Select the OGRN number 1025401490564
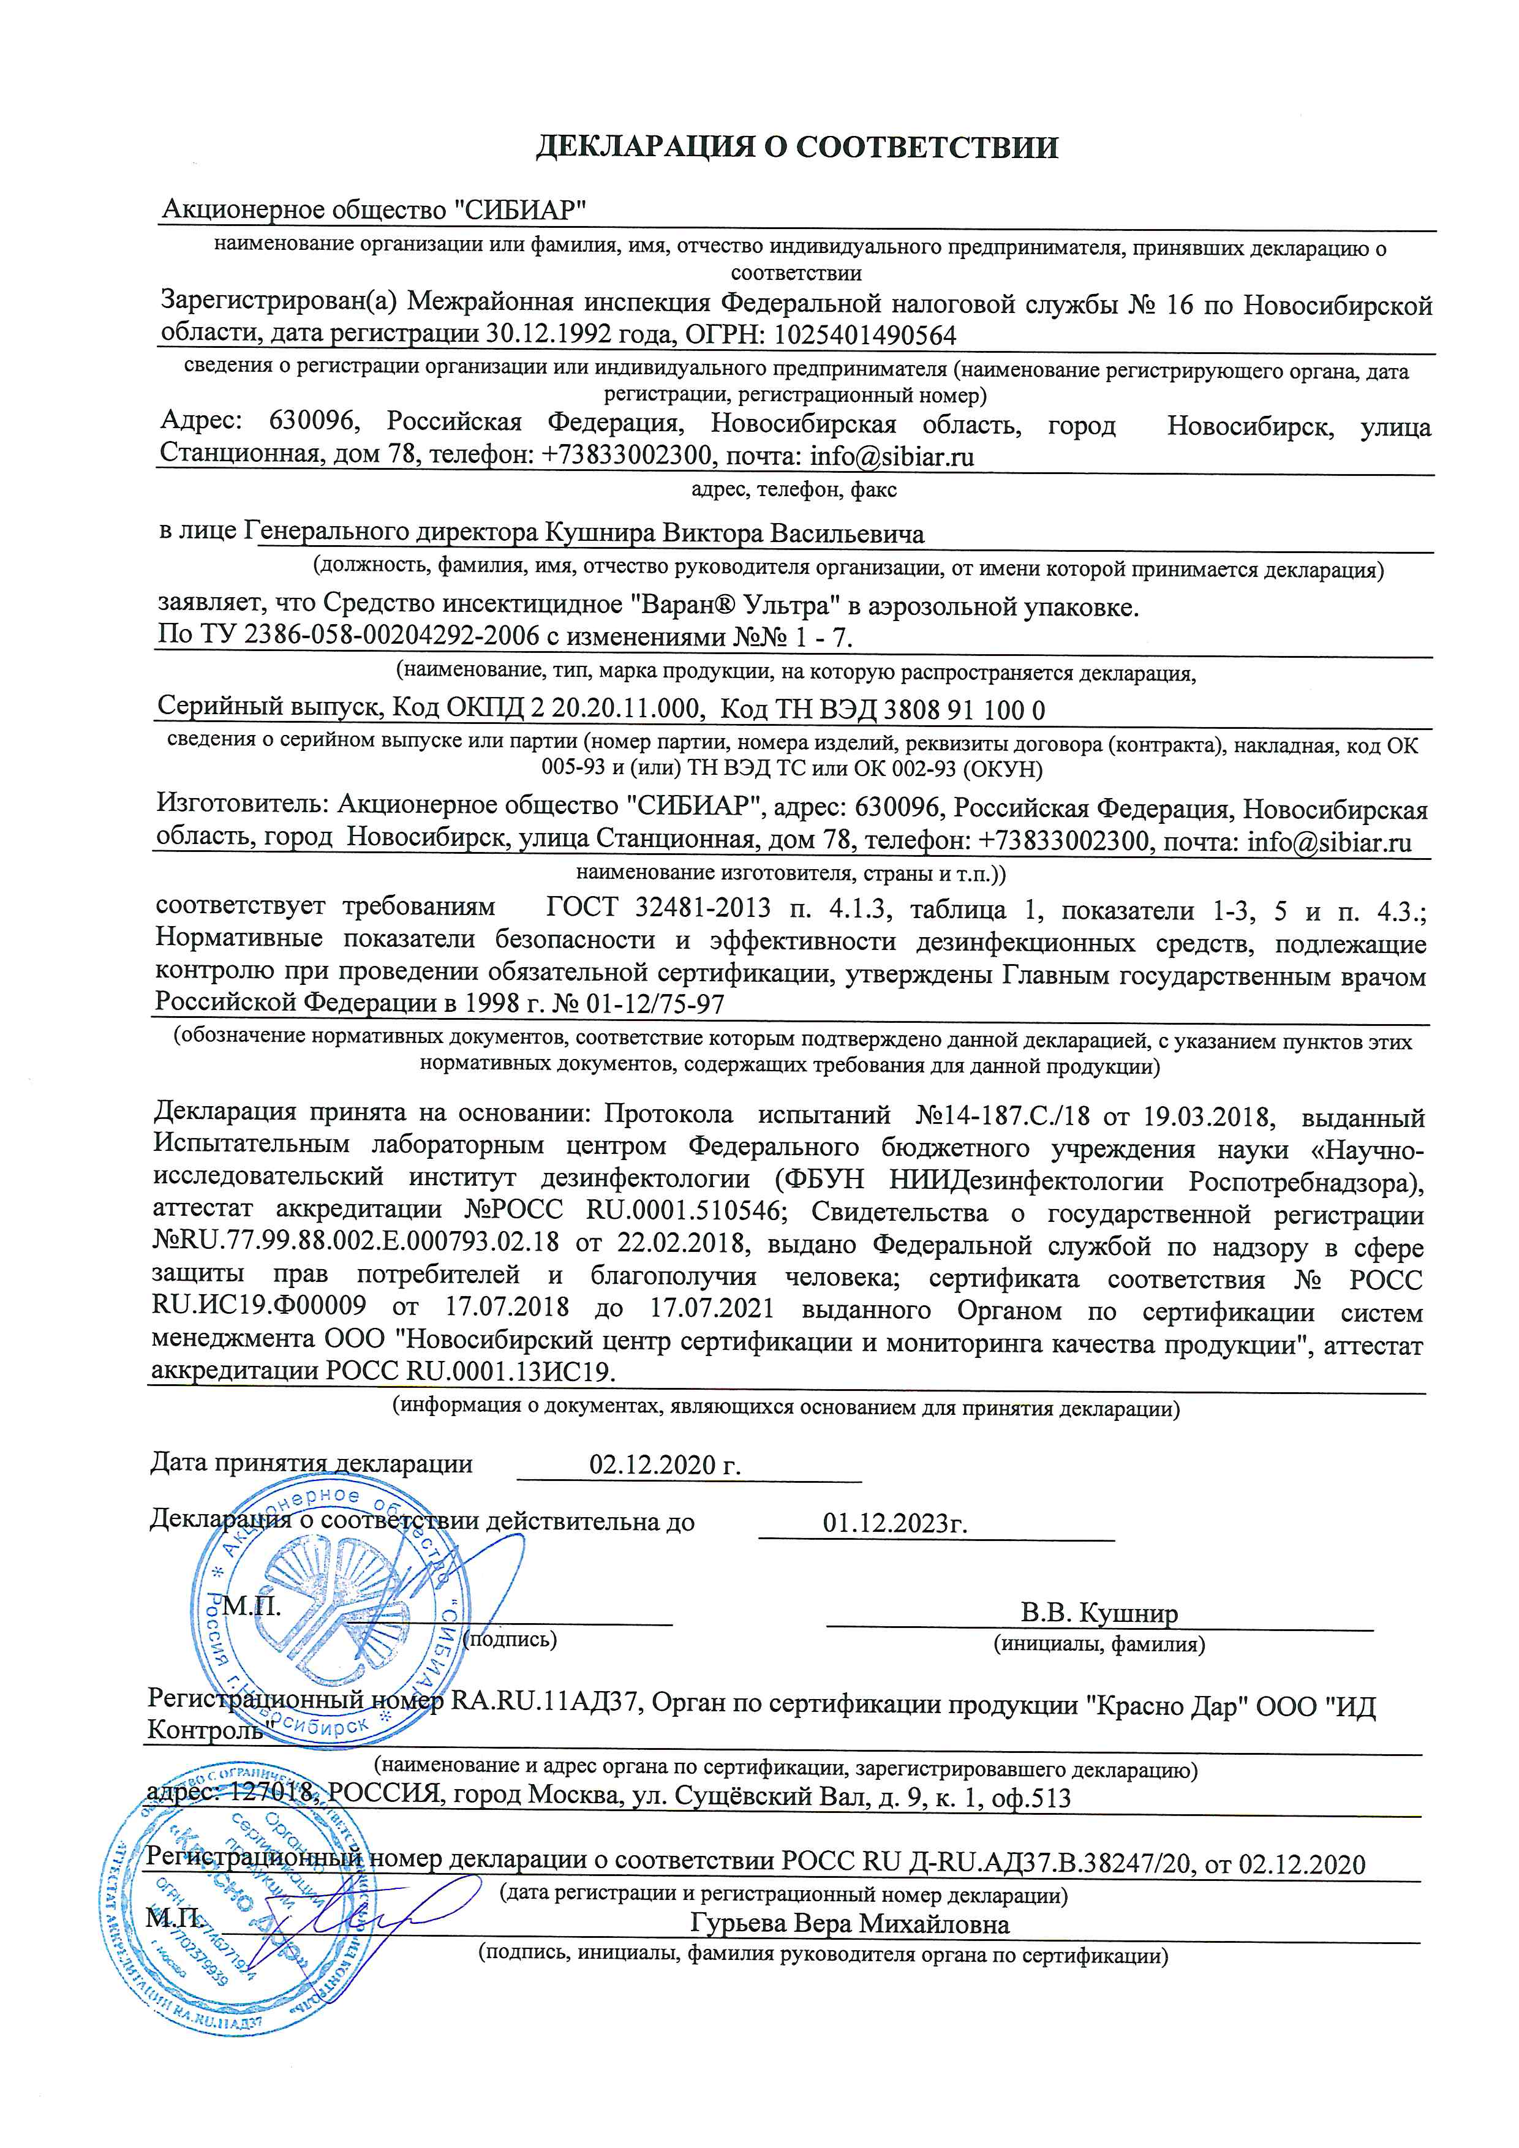click(865, 335)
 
